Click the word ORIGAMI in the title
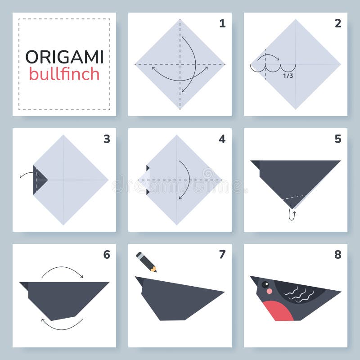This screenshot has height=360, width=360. coord(64,57)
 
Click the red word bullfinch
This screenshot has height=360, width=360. coord(64,73)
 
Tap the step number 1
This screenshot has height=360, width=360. coord(222,23)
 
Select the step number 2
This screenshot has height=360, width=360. coord(338,23)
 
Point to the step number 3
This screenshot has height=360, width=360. coord(107,139)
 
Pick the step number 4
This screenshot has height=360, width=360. coord(222,139)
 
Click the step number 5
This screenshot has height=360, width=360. coord(338,139)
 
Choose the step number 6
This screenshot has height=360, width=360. coord(107,255)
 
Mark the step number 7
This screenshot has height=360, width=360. coord(222,255)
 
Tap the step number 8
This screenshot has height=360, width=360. coord(338,255)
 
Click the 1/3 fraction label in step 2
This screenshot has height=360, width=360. coord(288,76)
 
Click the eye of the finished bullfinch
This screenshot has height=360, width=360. coord(265,284)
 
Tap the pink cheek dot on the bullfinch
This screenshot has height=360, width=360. coord(269,291)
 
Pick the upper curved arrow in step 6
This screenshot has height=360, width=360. coord(62,270)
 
